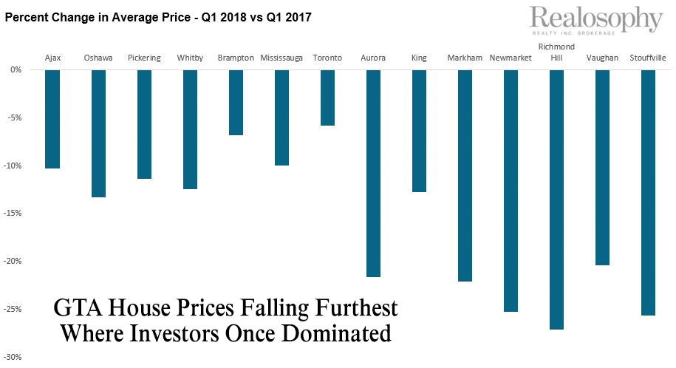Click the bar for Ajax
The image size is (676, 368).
point(52,119)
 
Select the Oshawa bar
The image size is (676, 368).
point(98,133)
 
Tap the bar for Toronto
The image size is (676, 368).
point(327,98)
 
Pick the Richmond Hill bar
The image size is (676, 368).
point(556,200)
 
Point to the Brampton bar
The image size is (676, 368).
point(236,102)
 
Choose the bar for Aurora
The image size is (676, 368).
point(373,173)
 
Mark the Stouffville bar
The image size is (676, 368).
point(648,192)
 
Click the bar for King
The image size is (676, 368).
point(419,131)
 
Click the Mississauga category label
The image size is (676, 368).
point(281,58)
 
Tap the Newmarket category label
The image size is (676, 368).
point(511,58)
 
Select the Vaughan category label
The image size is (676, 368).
point(602,58)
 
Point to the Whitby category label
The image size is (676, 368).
point(190,58)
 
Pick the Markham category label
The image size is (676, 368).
point(465,58)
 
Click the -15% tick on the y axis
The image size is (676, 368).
point(14,213)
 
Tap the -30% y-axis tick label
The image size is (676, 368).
point(14,356)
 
